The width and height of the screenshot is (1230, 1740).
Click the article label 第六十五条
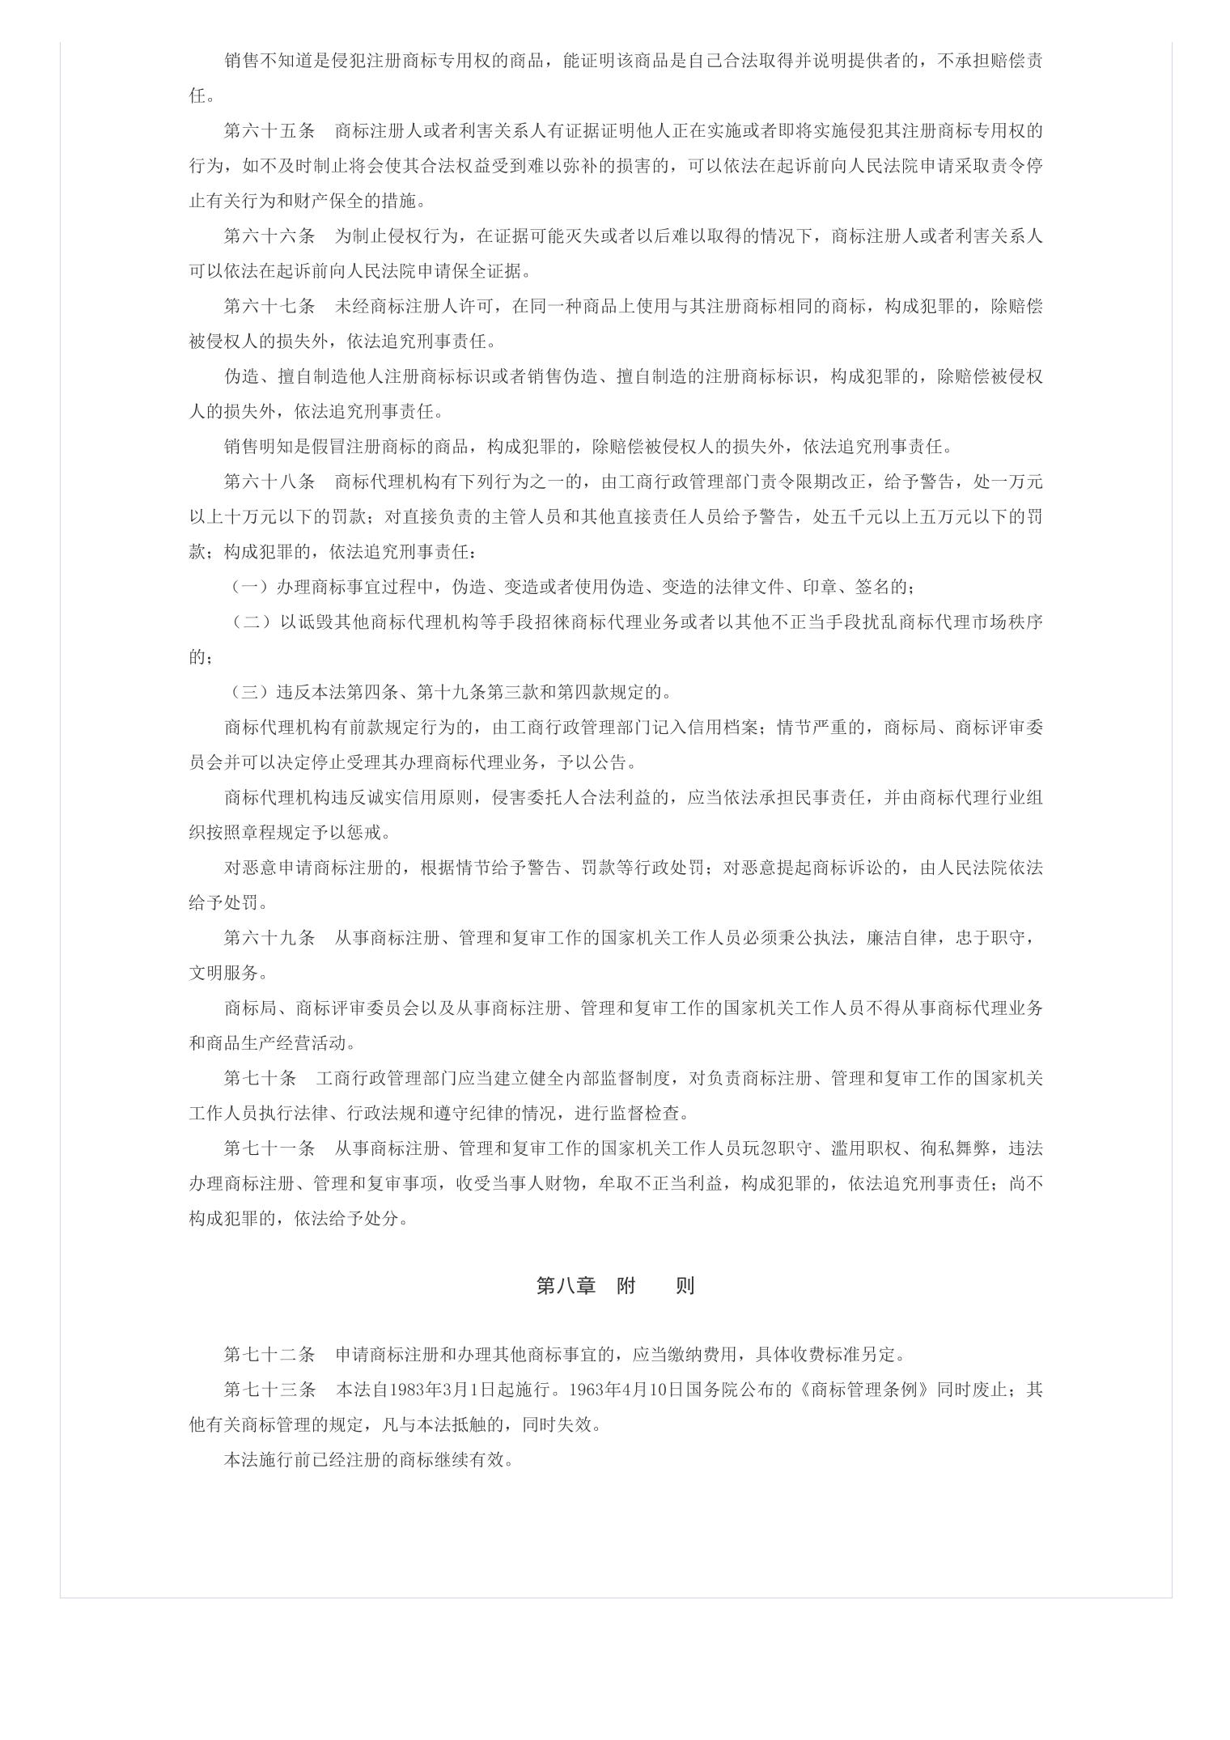(x=269, y=130)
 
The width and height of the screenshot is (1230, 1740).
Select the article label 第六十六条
(x=269, y=236)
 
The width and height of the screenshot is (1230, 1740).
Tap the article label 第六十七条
(x=269, y=306)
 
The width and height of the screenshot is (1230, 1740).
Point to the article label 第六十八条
(x=269, y=482)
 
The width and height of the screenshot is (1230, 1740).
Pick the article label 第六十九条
(x=269, y=938)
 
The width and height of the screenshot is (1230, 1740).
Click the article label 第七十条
(x=260, y=1078)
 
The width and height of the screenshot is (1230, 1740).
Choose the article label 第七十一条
(x=269, y=1148)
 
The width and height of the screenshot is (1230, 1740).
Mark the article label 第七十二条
(x=269, y=1354)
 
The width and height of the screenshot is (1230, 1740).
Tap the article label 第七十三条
(x=269, y=1390)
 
